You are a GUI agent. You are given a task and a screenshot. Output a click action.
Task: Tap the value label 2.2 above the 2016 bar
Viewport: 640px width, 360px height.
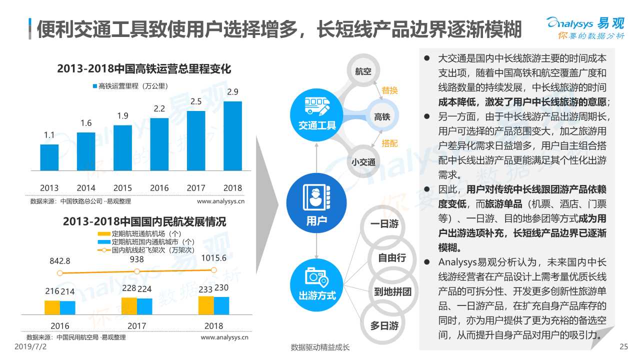pos(159,108)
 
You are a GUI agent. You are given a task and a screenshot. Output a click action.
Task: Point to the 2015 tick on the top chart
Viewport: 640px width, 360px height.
pos(122,188)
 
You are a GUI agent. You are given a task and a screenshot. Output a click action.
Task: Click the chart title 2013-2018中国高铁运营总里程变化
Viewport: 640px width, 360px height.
pos(144,69)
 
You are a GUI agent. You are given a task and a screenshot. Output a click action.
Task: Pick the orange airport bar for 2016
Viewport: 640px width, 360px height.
pos(52,307)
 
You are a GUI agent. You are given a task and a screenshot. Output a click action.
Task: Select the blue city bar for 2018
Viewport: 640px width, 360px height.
pos(221,305)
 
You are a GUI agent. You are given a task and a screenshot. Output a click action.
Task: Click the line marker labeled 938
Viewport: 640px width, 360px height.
pos(137,271)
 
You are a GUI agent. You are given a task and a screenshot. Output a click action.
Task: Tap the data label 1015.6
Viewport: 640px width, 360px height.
pos(214,258)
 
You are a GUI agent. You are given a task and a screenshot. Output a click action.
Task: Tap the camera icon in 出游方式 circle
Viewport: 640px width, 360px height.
pos(316,276)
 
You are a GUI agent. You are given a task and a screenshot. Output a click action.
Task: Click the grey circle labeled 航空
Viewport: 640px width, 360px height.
pos(363,71)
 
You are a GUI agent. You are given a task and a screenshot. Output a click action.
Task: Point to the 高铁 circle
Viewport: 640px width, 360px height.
pos(382,116)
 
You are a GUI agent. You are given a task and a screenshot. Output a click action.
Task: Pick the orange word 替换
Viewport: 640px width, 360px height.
pos(389,90)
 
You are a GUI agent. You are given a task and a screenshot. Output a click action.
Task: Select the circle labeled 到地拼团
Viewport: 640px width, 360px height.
pos(392,291)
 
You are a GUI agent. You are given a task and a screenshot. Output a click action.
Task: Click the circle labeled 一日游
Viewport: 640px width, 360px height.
pos(384,224)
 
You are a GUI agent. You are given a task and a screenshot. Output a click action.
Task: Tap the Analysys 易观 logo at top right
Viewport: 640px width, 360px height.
pos(584,27)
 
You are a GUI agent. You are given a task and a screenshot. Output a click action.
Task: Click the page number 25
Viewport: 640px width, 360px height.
pos(623,347)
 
